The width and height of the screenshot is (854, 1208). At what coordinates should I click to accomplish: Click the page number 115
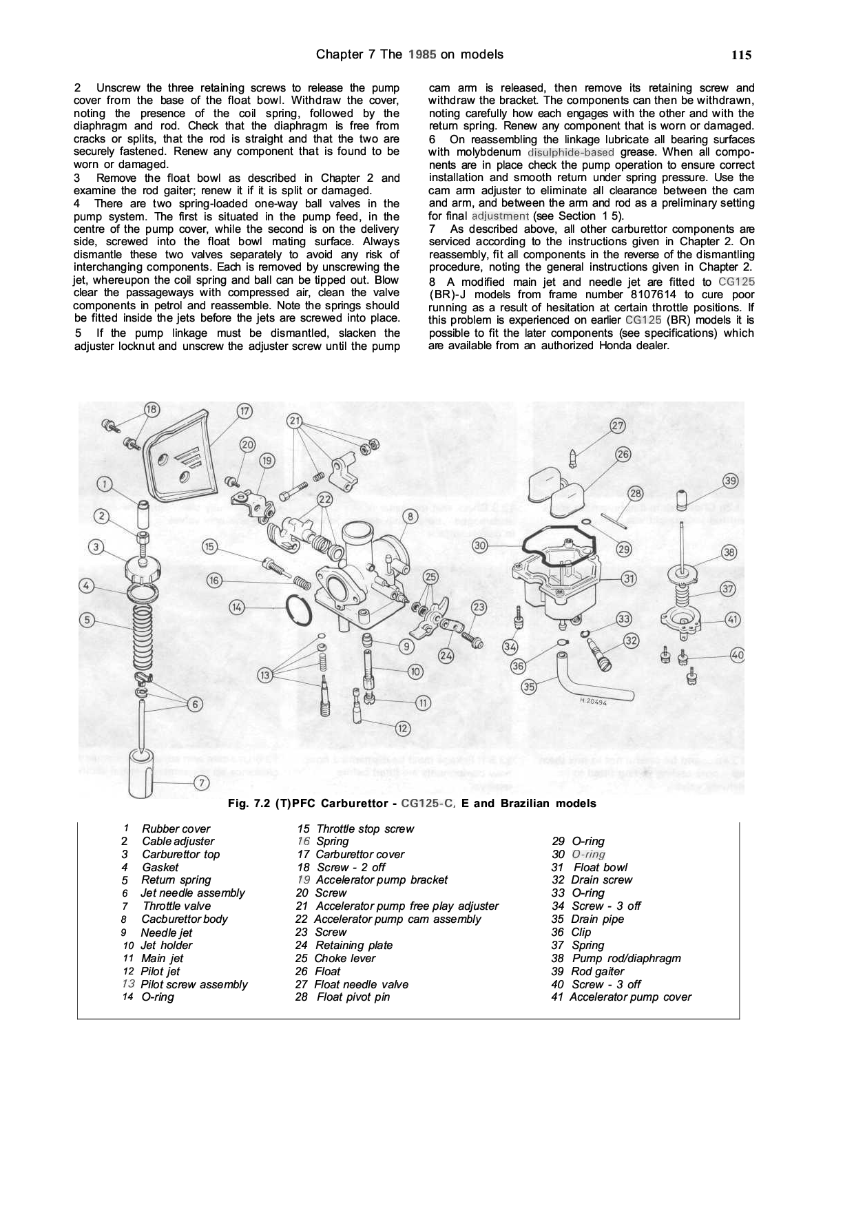pos(741,56)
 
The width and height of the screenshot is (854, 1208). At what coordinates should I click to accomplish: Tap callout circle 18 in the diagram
pos(151,409)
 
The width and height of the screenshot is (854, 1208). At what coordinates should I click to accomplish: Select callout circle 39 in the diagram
pos(731,481)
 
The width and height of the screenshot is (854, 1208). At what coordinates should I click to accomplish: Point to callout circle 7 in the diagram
pos(200,783)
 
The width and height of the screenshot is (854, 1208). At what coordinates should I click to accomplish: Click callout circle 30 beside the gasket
pos(481,545)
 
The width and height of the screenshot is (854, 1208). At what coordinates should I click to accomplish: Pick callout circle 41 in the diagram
pos(732,619)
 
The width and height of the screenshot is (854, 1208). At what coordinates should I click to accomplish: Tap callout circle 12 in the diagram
pos(403,728)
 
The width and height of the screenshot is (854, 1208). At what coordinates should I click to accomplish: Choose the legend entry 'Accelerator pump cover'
pos(630,997)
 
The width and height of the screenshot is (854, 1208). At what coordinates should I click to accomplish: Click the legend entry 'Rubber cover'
pos(176,829)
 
